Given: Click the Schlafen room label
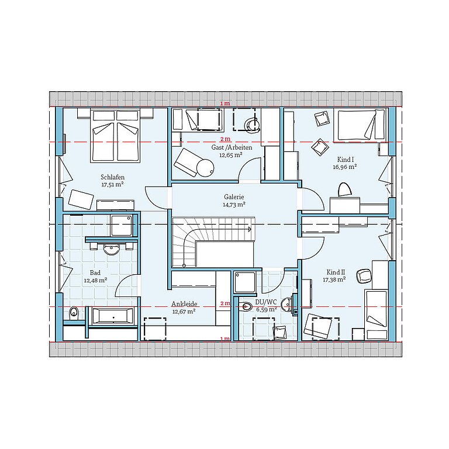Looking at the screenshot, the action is [112, 177].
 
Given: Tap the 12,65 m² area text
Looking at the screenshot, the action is [231, 155].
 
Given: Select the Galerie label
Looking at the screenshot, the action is [234, 197].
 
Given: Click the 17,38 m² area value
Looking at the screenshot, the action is [334, 279].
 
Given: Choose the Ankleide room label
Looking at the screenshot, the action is [184, 304].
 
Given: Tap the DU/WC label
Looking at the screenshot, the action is [266, 302].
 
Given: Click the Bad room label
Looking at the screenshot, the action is [95, 272].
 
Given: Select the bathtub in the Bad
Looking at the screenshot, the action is [112, 316].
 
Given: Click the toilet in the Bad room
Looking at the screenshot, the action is [74, 312].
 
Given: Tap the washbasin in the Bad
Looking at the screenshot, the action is [112, 250].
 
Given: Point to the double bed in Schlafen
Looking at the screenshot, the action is [115, 136].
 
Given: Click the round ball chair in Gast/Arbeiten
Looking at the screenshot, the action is [205, 168].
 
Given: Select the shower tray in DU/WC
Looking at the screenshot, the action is [245, 282].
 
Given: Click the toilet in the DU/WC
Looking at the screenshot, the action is [246, 307].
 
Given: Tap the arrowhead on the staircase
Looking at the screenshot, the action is [250, 229].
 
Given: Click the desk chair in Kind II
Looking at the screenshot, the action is [364, 275].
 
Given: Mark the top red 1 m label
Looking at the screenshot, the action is [225, 103].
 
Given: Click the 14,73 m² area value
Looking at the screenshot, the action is [234, 205].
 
